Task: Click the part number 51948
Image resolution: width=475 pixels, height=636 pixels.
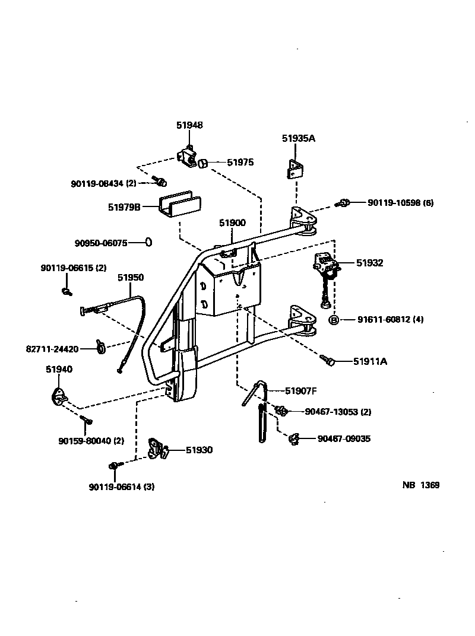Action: (x=189, y=125)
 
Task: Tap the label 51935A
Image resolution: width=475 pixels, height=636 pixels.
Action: (x=298, y=138)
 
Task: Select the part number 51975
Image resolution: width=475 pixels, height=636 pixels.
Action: (x=240, y=161)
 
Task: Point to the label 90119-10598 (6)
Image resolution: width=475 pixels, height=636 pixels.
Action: (x=400, y=202)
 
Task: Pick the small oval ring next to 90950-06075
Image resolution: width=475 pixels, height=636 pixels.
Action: (x=149, y=242)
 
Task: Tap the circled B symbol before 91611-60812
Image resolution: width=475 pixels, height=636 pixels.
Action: (x=334, y=320)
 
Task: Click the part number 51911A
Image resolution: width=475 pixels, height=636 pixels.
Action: (x=370, y=361)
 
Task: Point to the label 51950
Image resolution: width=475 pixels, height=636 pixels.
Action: (x=131, y=277)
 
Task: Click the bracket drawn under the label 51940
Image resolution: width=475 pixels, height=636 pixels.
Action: (x=59, y=395)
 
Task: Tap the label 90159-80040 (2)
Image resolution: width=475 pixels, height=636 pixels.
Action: (x=91, y=441)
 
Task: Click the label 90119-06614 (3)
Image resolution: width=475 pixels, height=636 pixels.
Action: (x=122, y=487)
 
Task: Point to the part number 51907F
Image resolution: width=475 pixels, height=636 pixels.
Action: (x=301, y=390)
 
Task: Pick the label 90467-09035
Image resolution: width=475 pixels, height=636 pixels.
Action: (x=344, y=439)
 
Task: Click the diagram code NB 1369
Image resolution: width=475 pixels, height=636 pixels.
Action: (x=420, y=485)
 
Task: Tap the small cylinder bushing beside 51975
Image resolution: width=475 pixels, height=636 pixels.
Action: (x=202, y=162)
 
